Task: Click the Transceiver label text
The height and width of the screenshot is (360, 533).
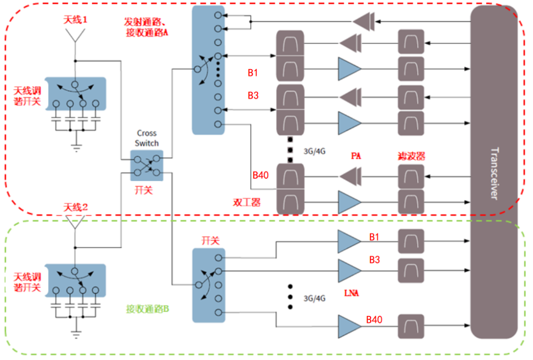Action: coord(495,173)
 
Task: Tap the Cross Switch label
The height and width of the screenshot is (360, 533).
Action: coord(147,138)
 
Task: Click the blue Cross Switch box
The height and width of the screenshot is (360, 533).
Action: coord(147,165)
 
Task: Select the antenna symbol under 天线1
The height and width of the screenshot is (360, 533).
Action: coord(75,36)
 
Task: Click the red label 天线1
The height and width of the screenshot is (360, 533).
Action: coord(75,20)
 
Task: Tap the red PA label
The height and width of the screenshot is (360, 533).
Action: coord(356,156)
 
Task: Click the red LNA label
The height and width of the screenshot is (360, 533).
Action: coord(351,293)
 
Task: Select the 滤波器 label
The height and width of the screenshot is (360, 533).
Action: coord(411,156)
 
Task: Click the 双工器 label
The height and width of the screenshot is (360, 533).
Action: coord(247,202)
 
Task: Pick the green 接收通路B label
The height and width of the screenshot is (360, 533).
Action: coord(148,309)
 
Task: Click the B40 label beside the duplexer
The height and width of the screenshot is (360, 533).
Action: coord(261,175)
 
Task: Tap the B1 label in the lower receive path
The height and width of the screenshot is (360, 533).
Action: coord(374,237)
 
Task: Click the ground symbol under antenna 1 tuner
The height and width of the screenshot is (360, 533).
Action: coord(76,148)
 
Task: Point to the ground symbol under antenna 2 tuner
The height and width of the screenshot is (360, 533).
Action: coord(76,334)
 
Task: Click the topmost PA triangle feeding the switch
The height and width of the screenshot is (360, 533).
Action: coord(363,21)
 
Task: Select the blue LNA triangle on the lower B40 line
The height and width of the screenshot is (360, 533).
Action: coord(349,326)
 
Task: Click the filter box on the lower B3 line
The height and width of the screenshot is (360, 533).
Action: coord(411,271)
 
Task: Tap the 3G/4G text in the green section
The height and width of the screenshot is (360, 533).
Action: coord(314,298)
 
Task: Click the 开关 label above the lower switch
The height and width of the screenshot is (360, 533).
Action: coord(211,240)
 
